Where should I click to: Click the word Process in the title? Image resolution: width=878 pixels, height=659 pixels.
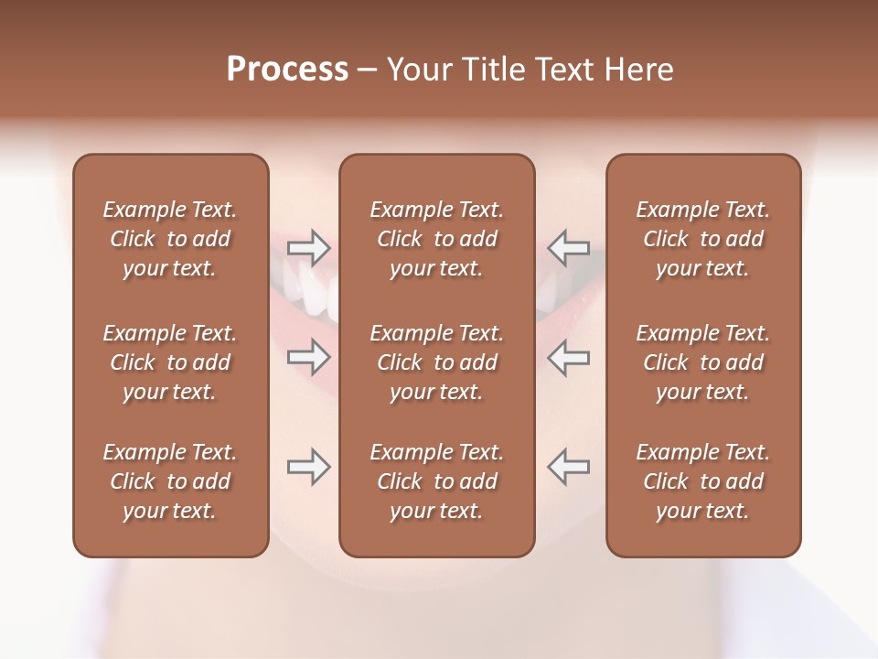tap(287, 70)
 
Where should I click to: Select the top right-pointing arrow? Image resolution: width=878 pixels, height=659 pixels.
tap(309, 247)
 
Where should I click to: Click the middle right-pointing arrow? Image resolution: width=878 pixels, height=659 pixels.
tap(309, 356)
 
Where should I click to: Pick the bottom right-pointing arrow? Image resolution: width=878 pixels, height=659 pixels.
tap(309, 467)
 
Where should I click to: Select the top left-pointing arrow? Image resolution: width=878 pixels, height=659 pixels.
tap(568, 247)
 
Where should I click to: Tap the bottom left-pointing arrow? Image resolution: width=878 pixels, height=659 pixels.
tap(568, 467)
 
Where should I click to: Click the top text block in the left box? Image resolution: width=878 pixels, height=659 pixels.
tap(170, 239)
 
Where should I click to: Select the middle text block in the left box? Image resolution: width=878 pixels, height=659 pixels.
tap(170, 362)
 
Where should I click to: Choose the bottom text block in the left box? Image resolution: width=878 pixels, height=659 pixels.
tap(170, 481)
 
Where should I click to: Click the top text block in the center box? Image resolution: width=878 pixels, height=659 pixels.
tap(437, 239)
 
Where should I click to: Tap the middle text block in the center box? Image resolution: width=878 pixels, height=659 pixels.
tap(437, 362)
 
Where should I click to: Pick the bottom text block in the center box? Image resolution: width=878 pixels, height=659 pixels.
tap(437, 481)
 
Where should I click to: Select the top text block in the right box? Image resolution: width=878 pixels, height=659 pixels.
tap(703, 239)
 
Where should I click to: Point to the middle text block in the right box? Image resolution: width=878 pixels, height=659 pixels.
tap(703, 362)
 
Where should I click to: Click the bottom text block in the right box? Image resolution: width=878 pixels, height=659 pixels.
tap(703, 481)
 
